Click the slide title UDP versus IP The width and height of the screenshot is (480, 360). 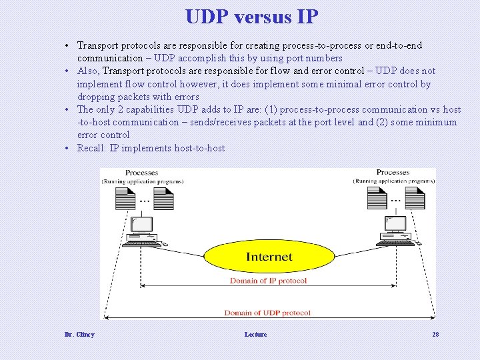251,17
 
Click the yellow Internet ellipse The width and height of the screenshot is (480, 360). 269,257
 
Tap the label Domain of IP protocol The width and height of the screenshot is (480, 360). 268,281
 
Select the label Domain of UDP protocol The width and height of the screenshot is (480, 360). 267,313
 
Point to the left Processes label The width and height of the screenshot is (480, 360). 141,173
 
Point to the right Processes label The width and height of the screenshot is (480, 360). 393,173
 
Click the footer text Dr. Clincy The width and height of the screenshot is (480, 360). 79,335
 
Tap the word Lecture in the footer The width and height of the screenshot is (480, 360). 255,335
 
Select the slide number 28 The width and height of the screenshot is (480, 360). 435,335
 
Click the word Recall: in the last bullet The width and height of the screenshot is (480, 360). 92,148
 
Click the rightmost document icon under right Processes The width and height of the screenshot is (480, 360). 415,198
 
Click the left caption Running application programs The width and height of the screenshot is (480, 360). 142,181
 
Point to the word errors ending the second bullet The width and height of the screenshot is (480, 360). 187,97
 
